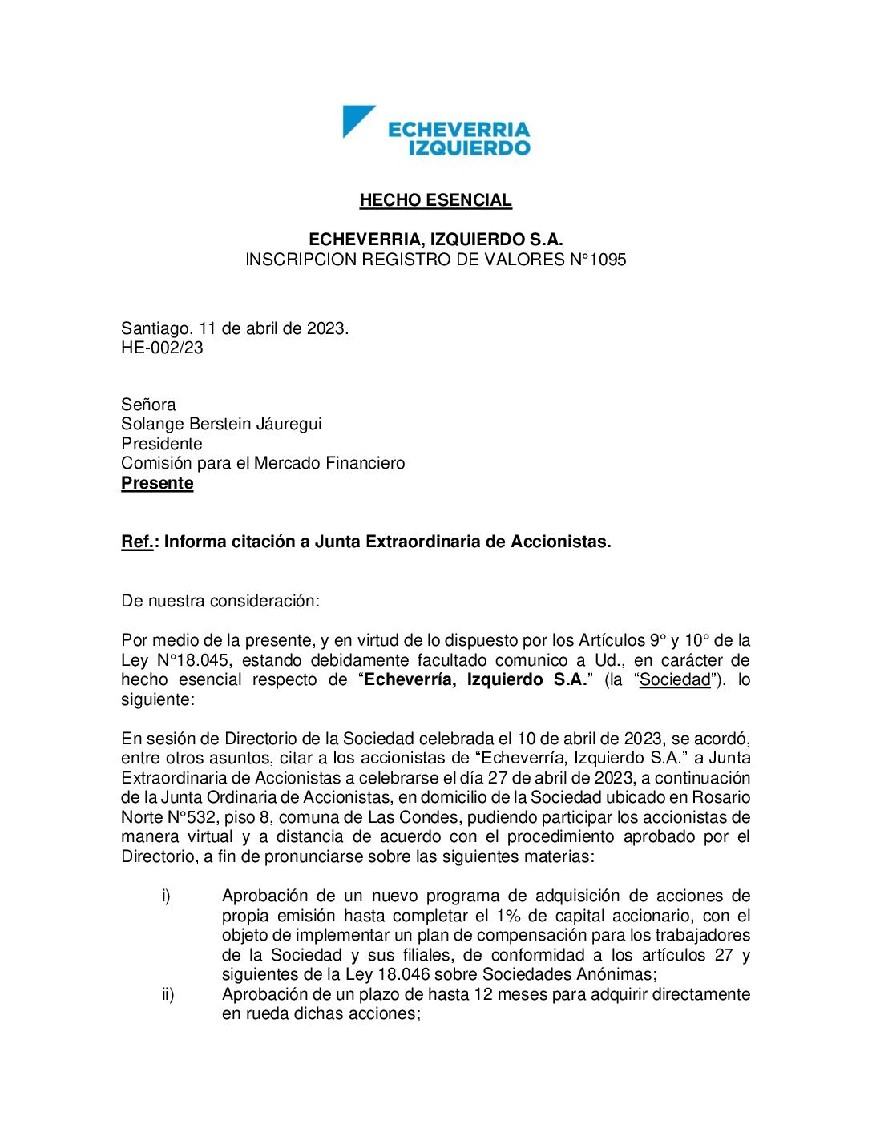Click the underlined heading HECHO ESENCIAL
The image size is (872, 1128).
click(x=435, y=200)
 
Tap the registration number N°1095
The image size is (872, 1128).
click(x=596, y=260)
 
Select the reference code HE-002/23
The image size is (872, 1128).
click(x=162, y=348)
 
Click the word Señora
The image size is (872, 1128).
click(x=148, y=405)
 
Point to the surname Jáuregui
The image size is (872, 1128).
click(x=288, y=424)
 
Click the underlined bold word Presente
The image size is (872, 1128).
click(x=157, y=483)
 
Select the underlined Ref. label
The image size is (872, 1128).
click(x=137, y=542)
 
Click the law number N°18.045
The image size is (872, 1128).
click(x=192, y=660)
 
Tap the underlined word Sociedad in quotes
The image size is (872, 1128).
click(x=675, y=680)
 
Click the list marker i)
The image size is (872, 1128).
click(x=166, y=896)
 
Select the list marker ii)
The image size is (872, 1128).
click(x=168, y=994)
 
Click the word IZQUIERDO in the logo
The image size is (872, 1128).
click(x=470, y=147)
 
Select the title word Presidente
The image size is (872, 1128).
click(x=162, y=444)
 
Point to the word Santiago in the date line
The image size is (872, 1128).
click(x=155, y=328)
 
